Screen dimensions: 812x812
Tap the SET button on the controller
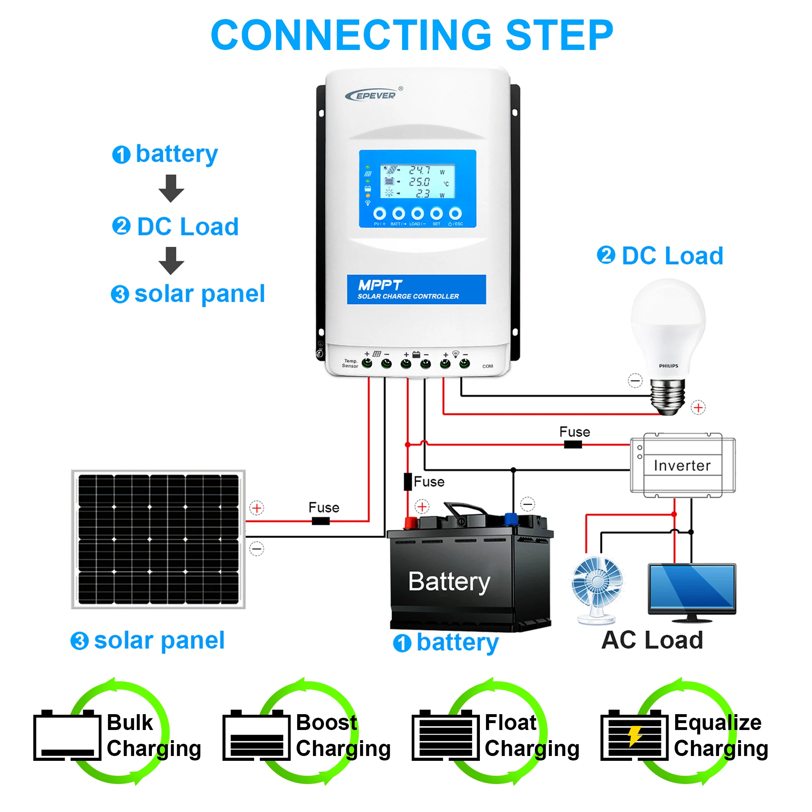point(436,214)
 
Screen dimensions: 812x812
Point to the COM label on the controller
point(488,366)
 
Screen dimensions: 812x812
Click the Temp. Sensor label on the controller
point(350,363)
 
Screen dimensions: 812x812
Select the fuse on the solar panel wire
point(321,521)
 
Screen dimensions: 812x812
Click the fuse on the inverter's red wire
point(572,445)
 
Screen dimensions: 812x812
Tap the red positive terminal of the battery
point(410,523)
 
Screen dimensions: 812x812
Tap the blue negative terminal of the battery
point(511,518)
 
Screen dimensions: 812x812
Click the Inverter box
point(682,465)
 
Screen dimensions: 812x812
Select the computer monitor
point(692,592)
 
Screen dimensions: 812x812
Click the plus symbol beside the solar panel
point(257,508)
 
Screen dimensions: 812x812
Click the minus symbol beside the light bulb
point(635,381)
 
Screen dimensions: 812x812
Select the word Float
point(510,723)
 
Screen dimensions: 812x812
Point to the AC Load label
point(652,641)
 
